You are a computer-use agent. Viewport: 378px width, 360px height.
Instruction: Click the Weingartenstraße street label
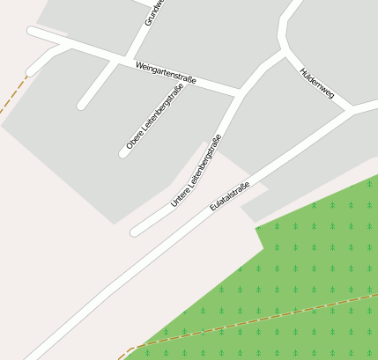(x=166, y=73)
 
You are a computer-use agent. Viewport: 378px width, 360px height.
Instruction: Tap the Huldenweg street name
(x=316, y=83)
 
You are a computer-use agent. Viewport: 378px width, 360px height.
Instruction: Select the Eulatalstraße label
(x=230, y=196)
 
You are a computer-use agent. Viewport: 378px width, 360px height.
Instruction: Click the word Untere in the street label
(x=179, y=197)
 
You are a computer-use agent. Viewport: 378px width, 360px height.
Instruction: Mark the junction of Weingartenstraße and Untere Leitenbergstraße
(x=239, y=91)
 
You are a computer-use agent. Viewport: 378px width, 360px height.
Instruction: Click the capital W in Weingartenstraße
(x=139, y=64)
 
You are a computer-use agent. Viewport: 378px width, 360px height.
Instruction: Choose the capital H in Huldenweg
(x=303, y=70)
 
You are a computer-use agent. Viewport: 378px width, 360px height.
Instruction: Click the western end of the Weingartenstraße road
(x=33, y=32)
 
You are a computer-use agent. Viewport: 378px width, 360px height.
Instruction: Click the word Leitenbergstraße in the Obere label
(x=153, y=112)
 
